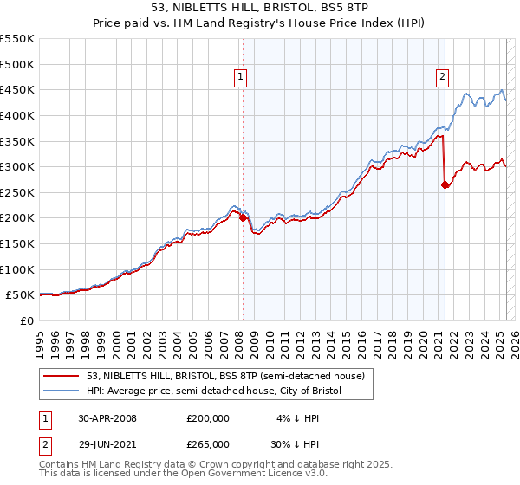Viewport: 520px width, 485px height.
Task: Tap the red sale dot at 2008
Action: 243,217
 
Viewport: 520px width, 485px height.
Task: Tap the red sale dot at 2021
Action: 445,184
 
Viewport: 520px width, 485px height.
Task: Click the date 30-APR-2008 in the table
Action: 107,418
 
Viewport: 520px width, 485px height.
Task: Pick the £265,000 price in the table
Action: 208,444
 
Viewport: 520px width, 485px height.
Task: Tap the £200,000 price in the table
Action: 208,418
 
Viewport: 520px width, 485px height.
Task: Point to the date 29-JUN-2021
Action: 107,444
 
